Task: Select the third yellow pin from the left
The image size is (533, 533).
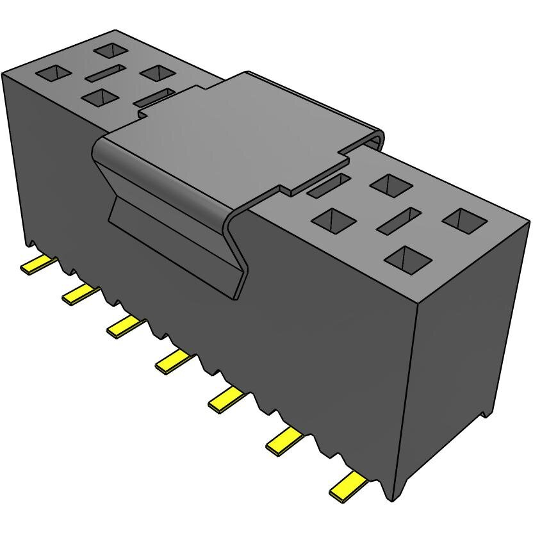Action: coord(124,326)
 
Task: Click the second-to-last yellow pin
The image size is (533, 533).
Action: coord(284,441)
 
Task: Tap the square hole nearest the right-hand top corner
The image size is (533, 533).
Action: coord(464,220)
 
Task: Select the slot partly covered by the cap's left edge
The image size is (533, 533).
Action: coord(154,97)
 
